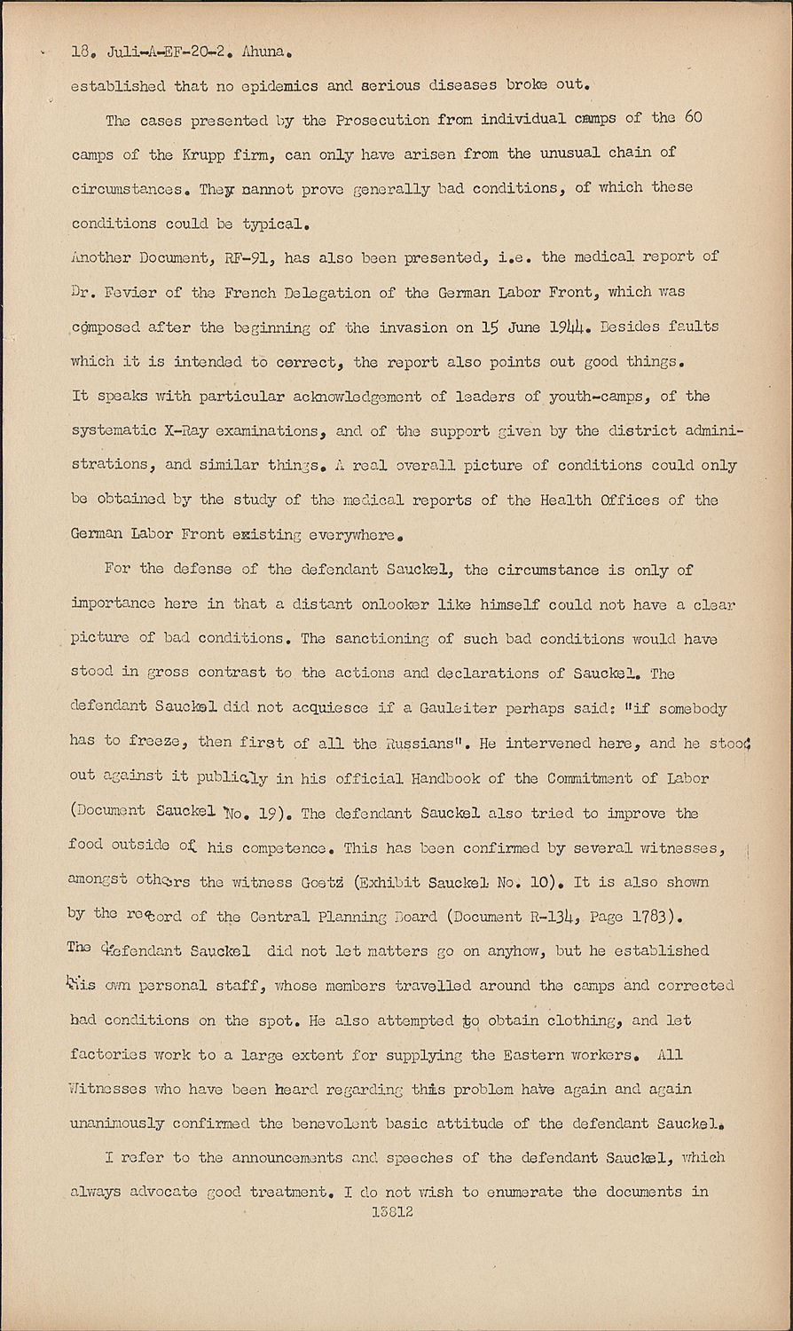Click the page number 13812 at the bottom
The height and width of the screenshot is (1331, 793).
(390, 1211)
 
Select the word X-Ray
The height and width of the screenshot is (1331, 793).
(195, 430)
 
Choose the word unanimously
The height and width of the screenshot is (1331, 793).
(118, 1123)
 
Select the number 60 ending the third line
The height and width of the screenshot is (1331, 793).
(692, 118)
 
